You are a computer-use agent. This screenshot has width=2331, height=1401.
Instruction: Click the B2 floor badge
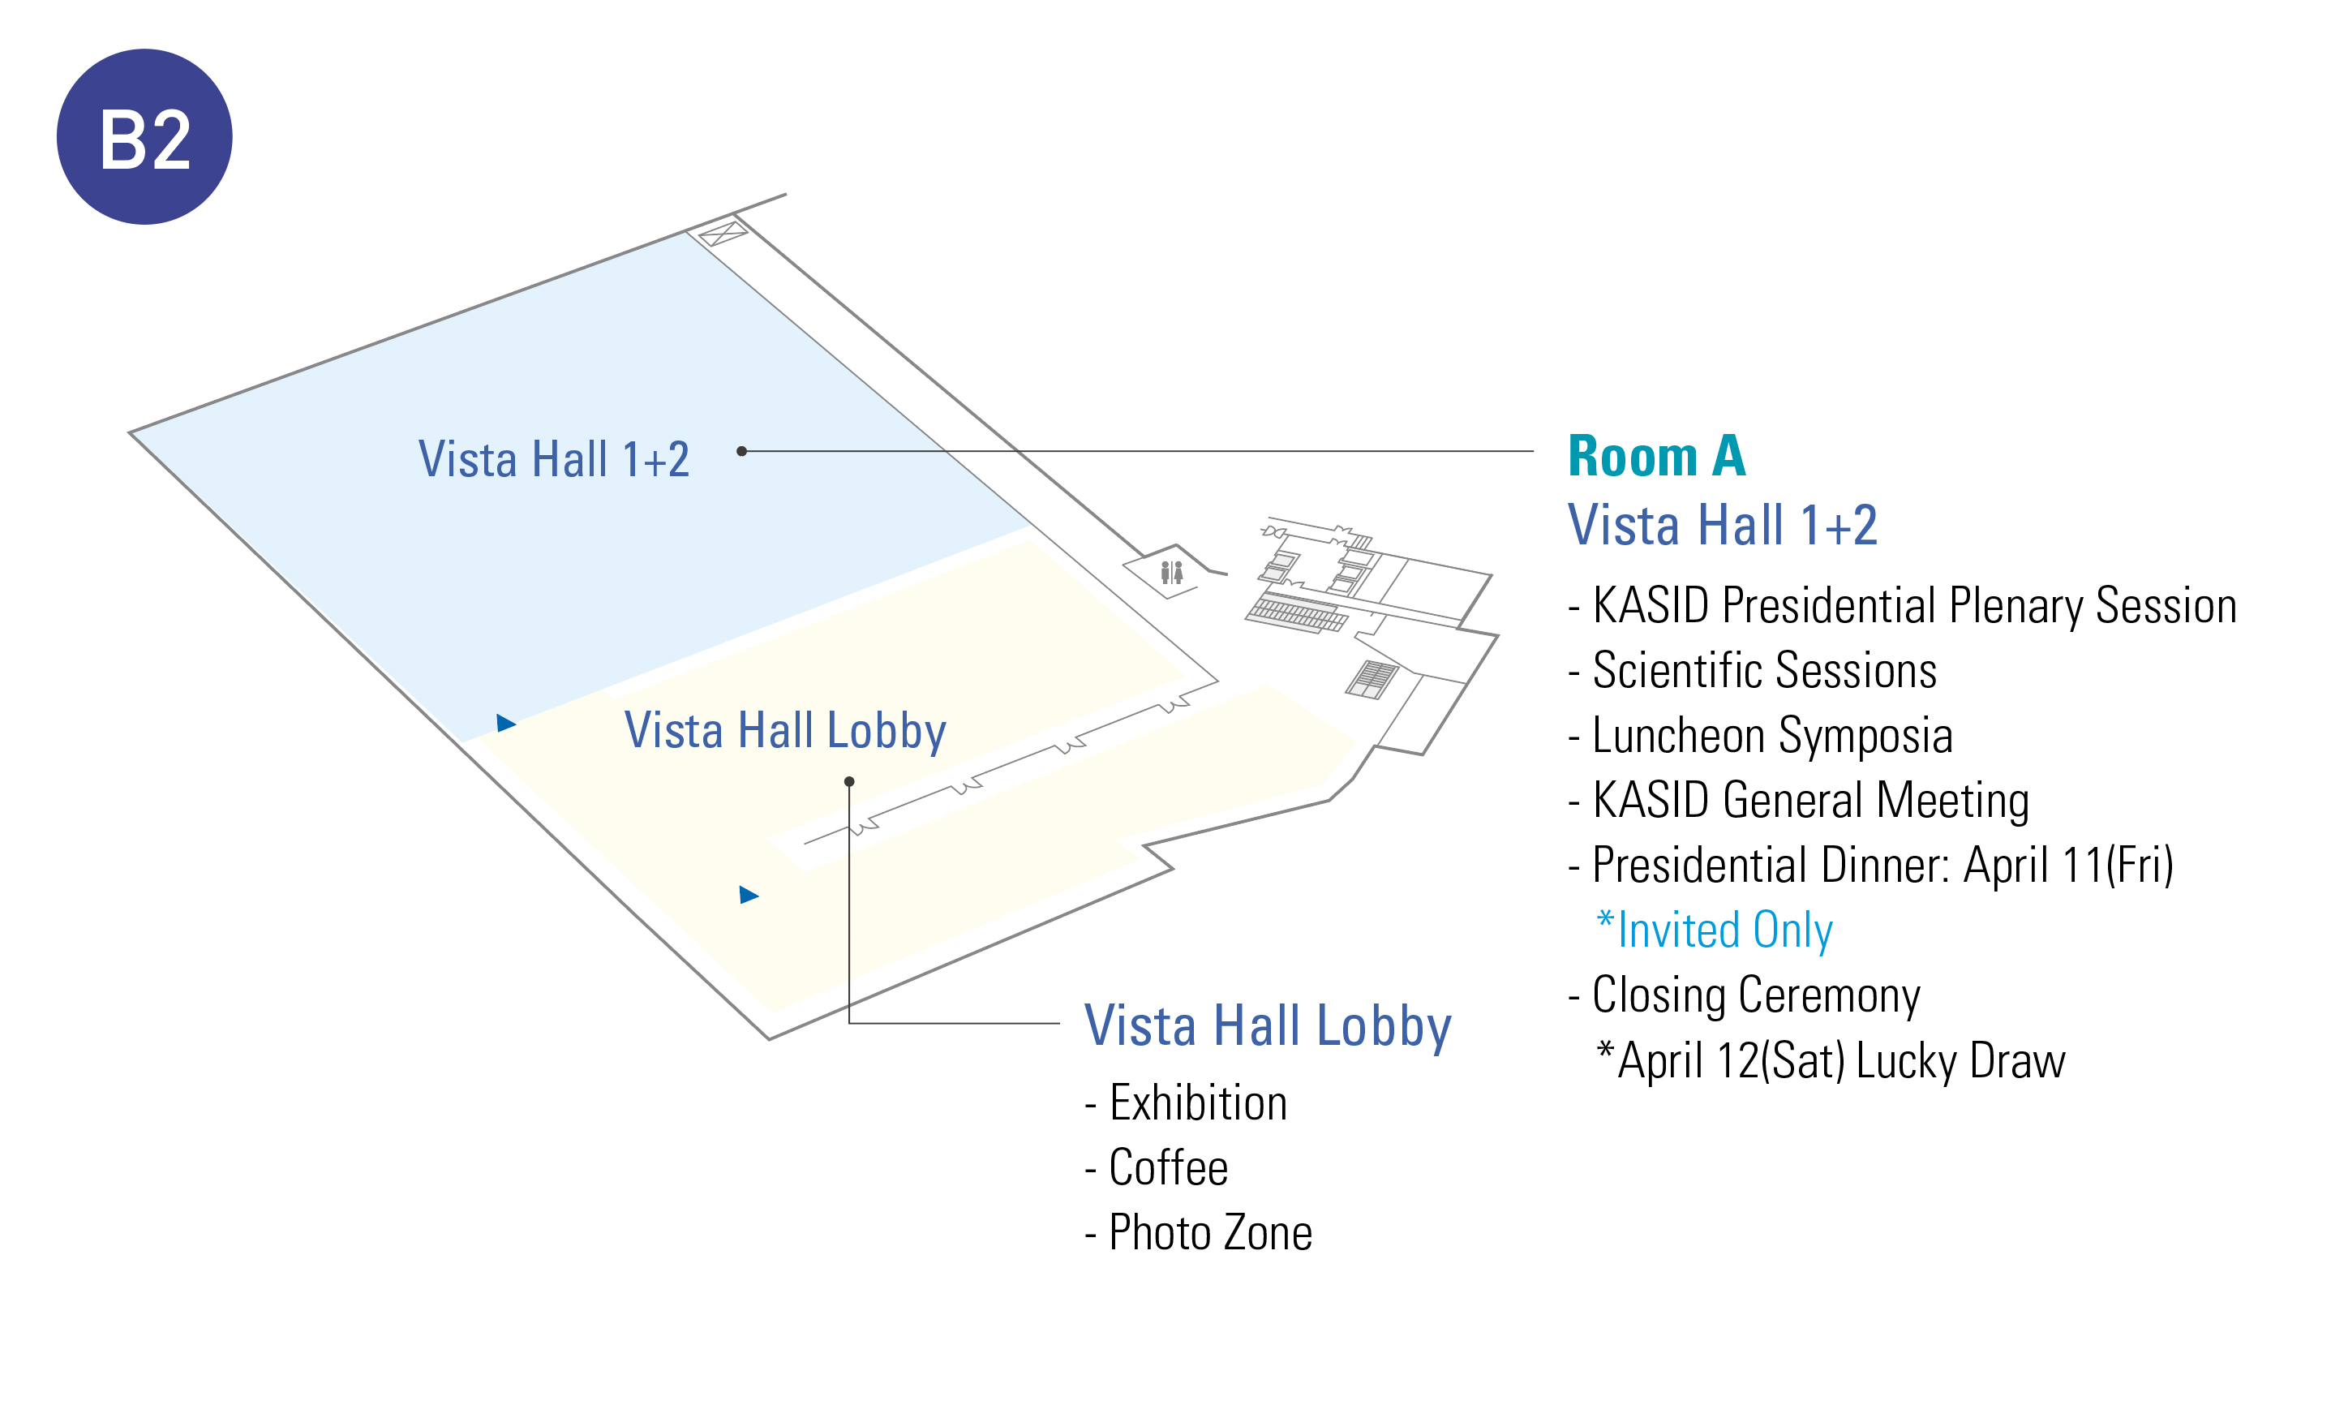[x=144, y=137]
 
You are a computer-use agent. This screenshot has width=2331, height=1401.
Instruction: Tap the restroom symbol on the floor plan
[x=1171, y=572]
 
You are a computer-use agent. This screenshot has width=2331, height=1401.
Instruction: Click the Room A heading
[x=1656, y=456]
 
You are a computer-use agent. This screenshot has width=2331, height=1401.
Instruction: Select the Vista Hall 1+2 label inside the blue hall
[x=554, y=460]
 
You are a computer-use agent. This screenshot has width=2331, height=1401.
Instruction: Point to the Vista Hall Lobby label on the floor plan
[x=785, y=732]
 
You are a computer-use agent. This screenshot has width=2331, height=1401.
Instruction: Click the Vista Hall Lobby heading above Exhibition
[x=1268, y=1027]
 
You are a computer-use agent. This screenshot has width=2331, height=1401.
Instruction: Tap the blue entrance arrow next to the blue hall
[x=506, y=723]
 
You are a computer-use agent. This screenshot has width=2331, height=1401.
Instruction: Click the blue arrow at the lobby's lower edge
[x=749, y=895]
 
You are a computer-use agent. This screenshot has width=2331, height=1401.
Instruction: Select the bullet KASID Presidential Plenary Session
[x=1903, y=606]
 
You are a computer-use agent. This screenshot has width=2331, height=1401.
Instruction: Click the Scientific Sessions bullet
[x=1753, y=670]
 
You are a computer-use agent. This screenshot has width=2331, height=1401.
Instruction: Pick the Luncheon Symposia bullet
[x=1760, y=736]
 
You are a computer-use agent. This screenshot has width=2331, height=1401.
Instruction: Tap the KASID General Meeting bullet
[x=1799, y=801]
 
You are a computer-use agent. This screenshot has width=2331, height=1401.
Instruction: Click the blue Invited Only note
[x=1714, y=930]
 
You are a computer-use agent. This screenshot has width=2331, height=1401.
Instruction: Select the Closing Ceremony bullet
[x=1744, y=996]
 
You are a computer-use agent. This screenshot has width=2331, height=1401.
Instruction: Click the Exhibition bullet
[x=1187, y=1102]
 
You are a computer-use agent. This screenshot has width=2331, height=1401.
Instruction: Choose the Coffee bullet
[x=1157, y=1168]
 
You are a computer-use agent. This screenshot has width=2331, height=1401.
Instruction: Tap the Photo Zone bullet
[x=1199, y=1233]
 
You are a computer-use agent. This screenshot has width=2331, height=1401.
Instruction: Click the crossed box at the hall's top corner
[x=723, y=233]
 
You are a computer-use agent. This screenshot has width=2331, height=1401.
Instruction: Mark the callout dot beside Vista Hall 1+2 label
[x=742, y=451]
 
